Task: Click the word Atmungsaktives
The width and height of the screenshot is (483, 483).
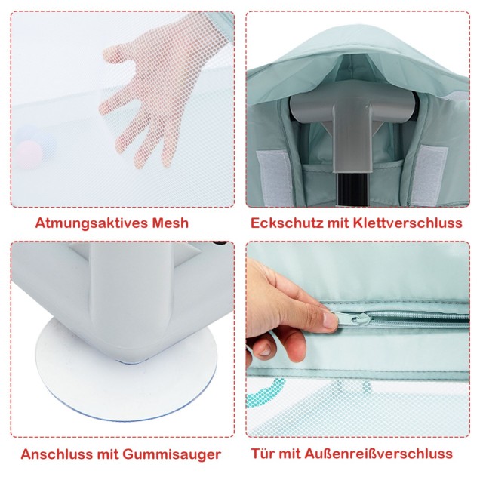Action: [x=91, y=223]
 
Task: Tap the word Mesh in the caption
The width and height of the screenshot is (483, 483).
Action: [x=170, y=223]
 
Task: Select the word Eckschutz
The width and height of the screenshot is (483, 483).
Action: [x=287, y=223]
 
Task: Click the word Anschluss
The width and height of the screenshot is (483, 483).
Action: [x=57, y=454]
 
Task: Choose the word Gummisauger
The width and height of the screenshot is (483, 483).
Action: [x=171, y=454]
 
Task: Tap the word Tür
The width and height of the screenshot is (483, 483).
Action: [x=263, y=454]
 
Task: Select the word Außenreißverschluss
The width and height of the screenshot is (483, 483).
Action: [x=379, y=454]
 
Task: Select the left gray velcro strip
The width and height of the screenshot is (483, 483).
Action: [x=274, y=176]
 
